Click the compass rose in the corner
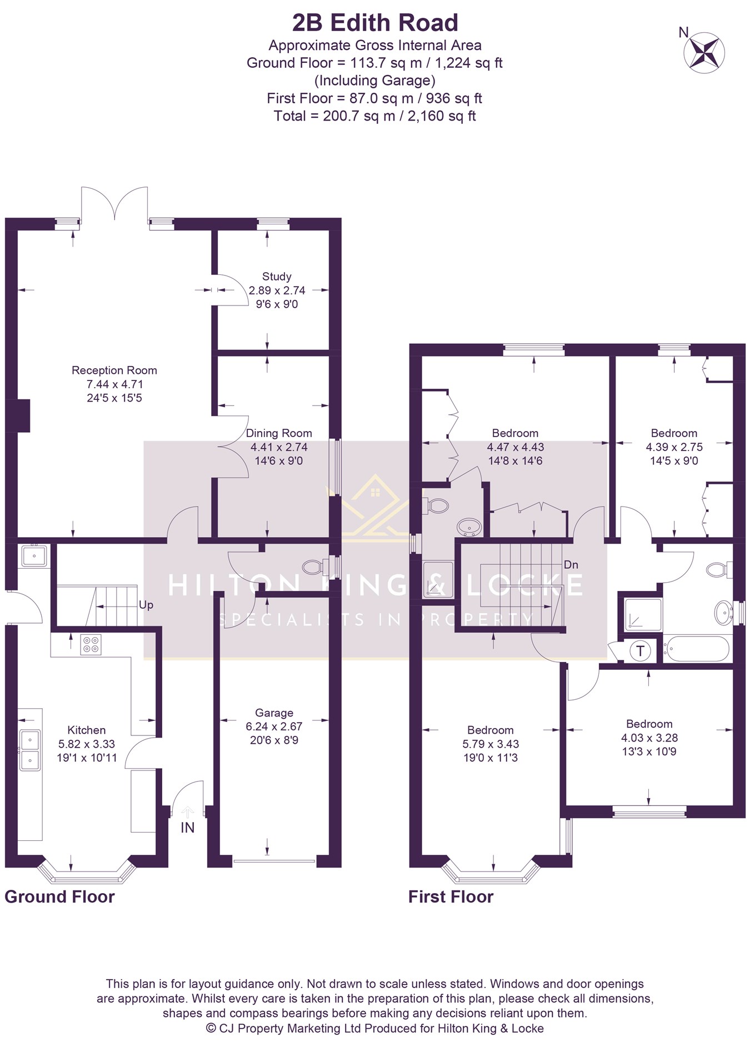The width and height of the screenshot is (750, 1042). click(x=704, y=52)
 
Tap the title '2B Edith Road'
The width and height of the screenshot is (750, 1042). click(x=375, y=23)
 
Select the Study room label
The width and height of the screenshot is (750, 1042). click(x=277, y=277)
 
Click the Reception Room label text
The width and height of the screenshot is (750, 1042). click(x=114, y=370)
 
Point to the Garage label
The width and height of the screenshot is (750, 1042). click(x=274, y=713)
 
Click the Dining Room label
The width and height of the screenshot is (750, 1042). click(x=279, y=433)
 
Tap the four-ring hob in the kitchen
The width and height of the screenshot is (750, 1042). click(x=91, y=644)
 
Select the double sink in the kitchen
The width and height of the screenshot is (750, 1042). click(x=30, y=750)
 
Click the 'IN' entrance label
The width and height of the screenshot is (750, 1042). click(x=188, y=828)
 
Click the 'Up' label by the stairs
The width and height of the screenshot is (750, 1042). click(x=146, y=605)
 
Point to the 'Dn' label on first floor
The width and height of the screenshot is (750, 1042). click(x=571, y=565)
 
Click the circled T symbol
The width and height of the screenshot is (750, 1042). click(x=641, y=651)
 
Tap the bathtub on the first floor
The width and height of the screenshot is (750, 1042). click(x=697, y=649)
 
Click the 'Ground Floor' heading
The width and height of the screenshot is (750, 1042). click(x=59, y=896)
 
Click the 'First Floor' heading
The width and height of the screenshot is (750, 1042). click(x=451, y=896)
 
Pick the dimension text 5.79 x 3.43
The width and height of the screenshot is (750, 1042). click(x=491, y=744)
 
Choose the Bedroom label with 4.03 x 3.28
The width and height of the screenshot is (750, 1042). click(x=649, y=724)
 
